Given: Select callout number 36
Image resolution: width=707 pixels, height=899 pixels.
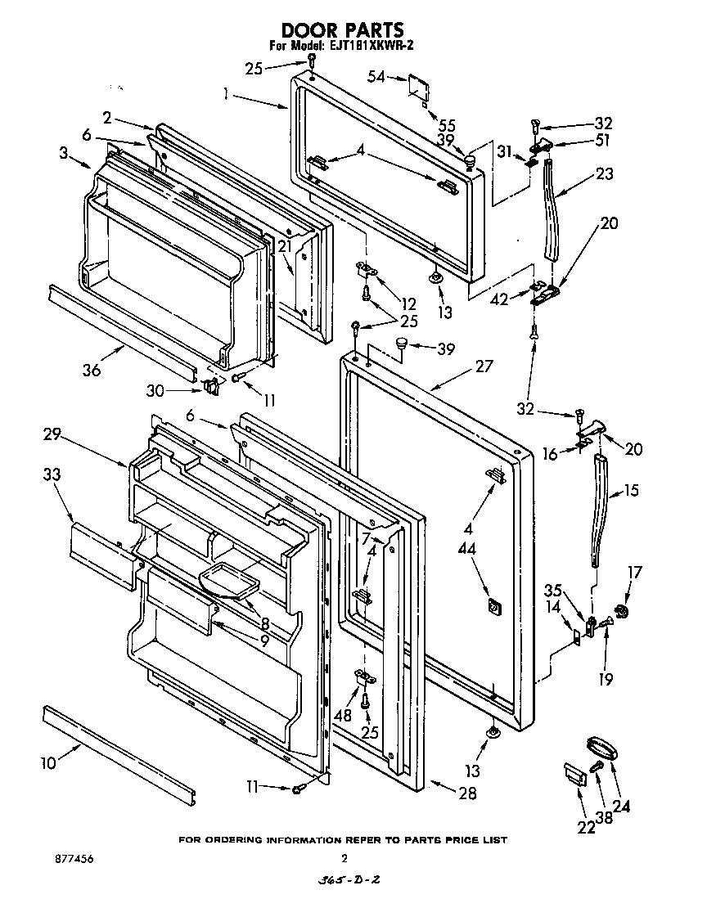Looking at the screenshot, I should tap(91, 370).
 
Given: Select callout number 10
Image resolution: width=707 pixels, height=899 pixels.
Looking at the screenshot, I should tap(48, 763).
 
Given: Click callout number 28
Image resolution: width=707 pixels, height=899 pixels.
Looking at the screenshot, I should tap(467, 793).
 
